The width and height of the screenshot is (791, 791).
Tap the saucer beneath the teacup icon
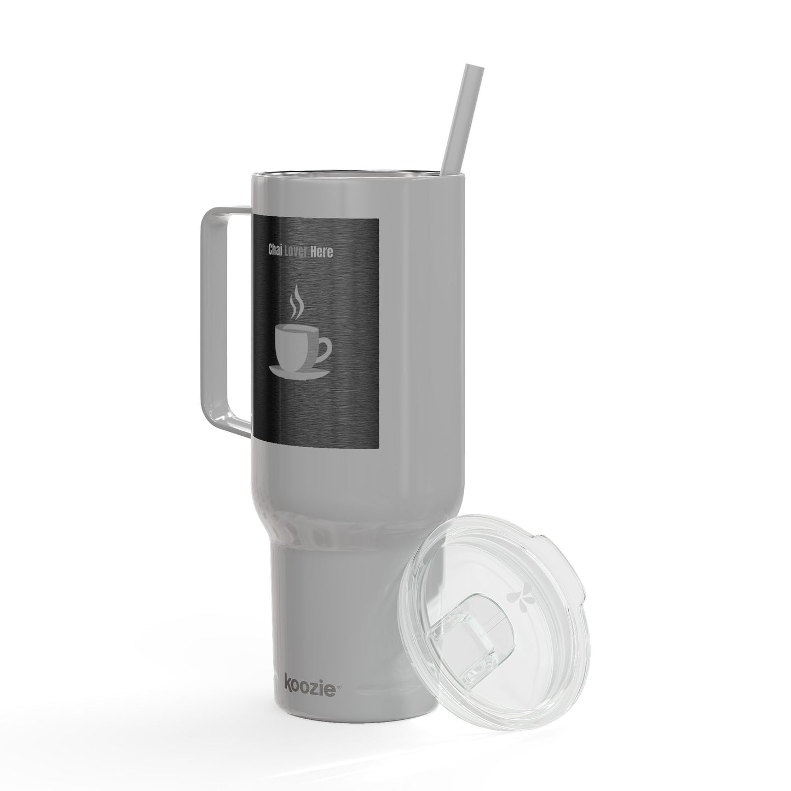coord(300,372)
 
